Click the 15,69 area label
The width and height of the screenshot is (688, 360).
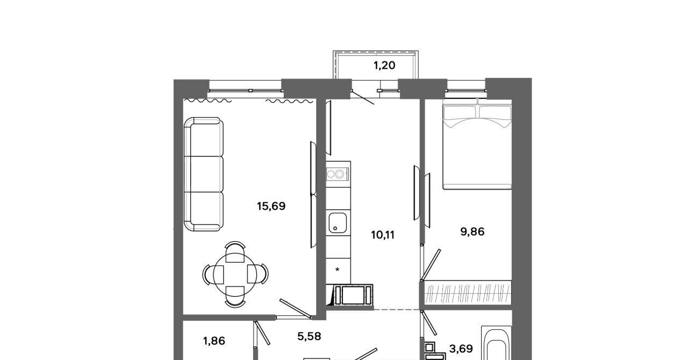point(271,206)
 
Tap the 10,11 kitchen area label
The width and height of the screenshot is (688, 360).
point(383,235)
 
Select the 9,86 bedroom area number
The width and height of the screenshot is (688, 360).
point(472,232)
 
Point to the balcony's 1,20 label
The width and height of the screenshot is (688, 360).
point(384,66)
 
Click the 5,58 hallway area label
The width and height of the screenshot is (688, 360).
point(309,336)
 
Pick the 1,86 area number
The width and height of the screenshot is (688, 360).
point(214,341)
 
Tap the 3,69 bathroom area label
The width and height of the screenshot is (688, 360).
point(461,349)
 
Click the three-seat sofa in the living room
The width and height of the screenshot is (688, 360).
point(204,174)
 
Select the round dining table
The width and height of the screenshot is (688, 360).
point(235,275)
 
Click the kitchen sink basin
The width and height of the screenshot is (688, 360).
point(338,222)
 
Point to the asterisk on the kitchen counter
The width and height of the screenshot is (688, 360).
point(337,270)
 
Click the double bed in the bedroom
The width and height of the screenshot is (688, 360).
point(477,144)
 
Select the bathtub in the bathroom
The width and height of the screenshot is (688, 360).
point(496,343)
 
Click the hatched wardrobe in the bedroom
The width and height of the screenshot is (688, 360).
point(468,292)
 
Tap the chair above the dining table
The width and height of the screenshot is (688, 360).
point(235,251)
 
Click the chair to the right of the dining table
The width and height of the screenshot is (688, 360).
point(258,273)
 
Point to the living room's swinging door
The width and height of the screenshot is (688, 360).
point(296,308)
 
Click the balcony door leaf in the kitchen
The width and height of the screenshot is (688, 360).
point(362,97)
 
